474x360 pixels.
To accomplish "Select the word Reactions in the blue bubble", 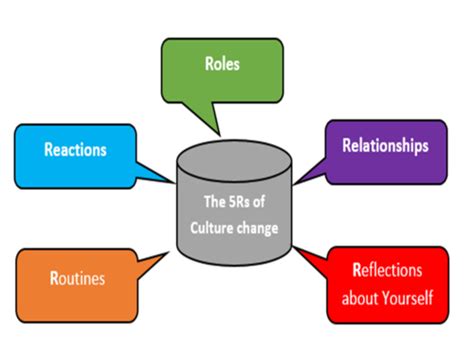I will pyautogui.click(x=75, y=151).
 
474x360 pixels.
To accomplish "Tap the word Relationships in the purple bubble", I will pyautogui.click(x=386, y=146).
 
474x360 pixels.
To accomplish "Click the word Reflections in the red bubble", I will pyautogui.click(x=388, y=270).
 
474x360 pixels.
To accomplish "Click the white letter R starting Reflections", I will pyautogui.click(x=357, y=270).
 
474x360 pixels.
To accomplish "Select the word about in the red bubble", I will pyautogui.click(x=359, y=298).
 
